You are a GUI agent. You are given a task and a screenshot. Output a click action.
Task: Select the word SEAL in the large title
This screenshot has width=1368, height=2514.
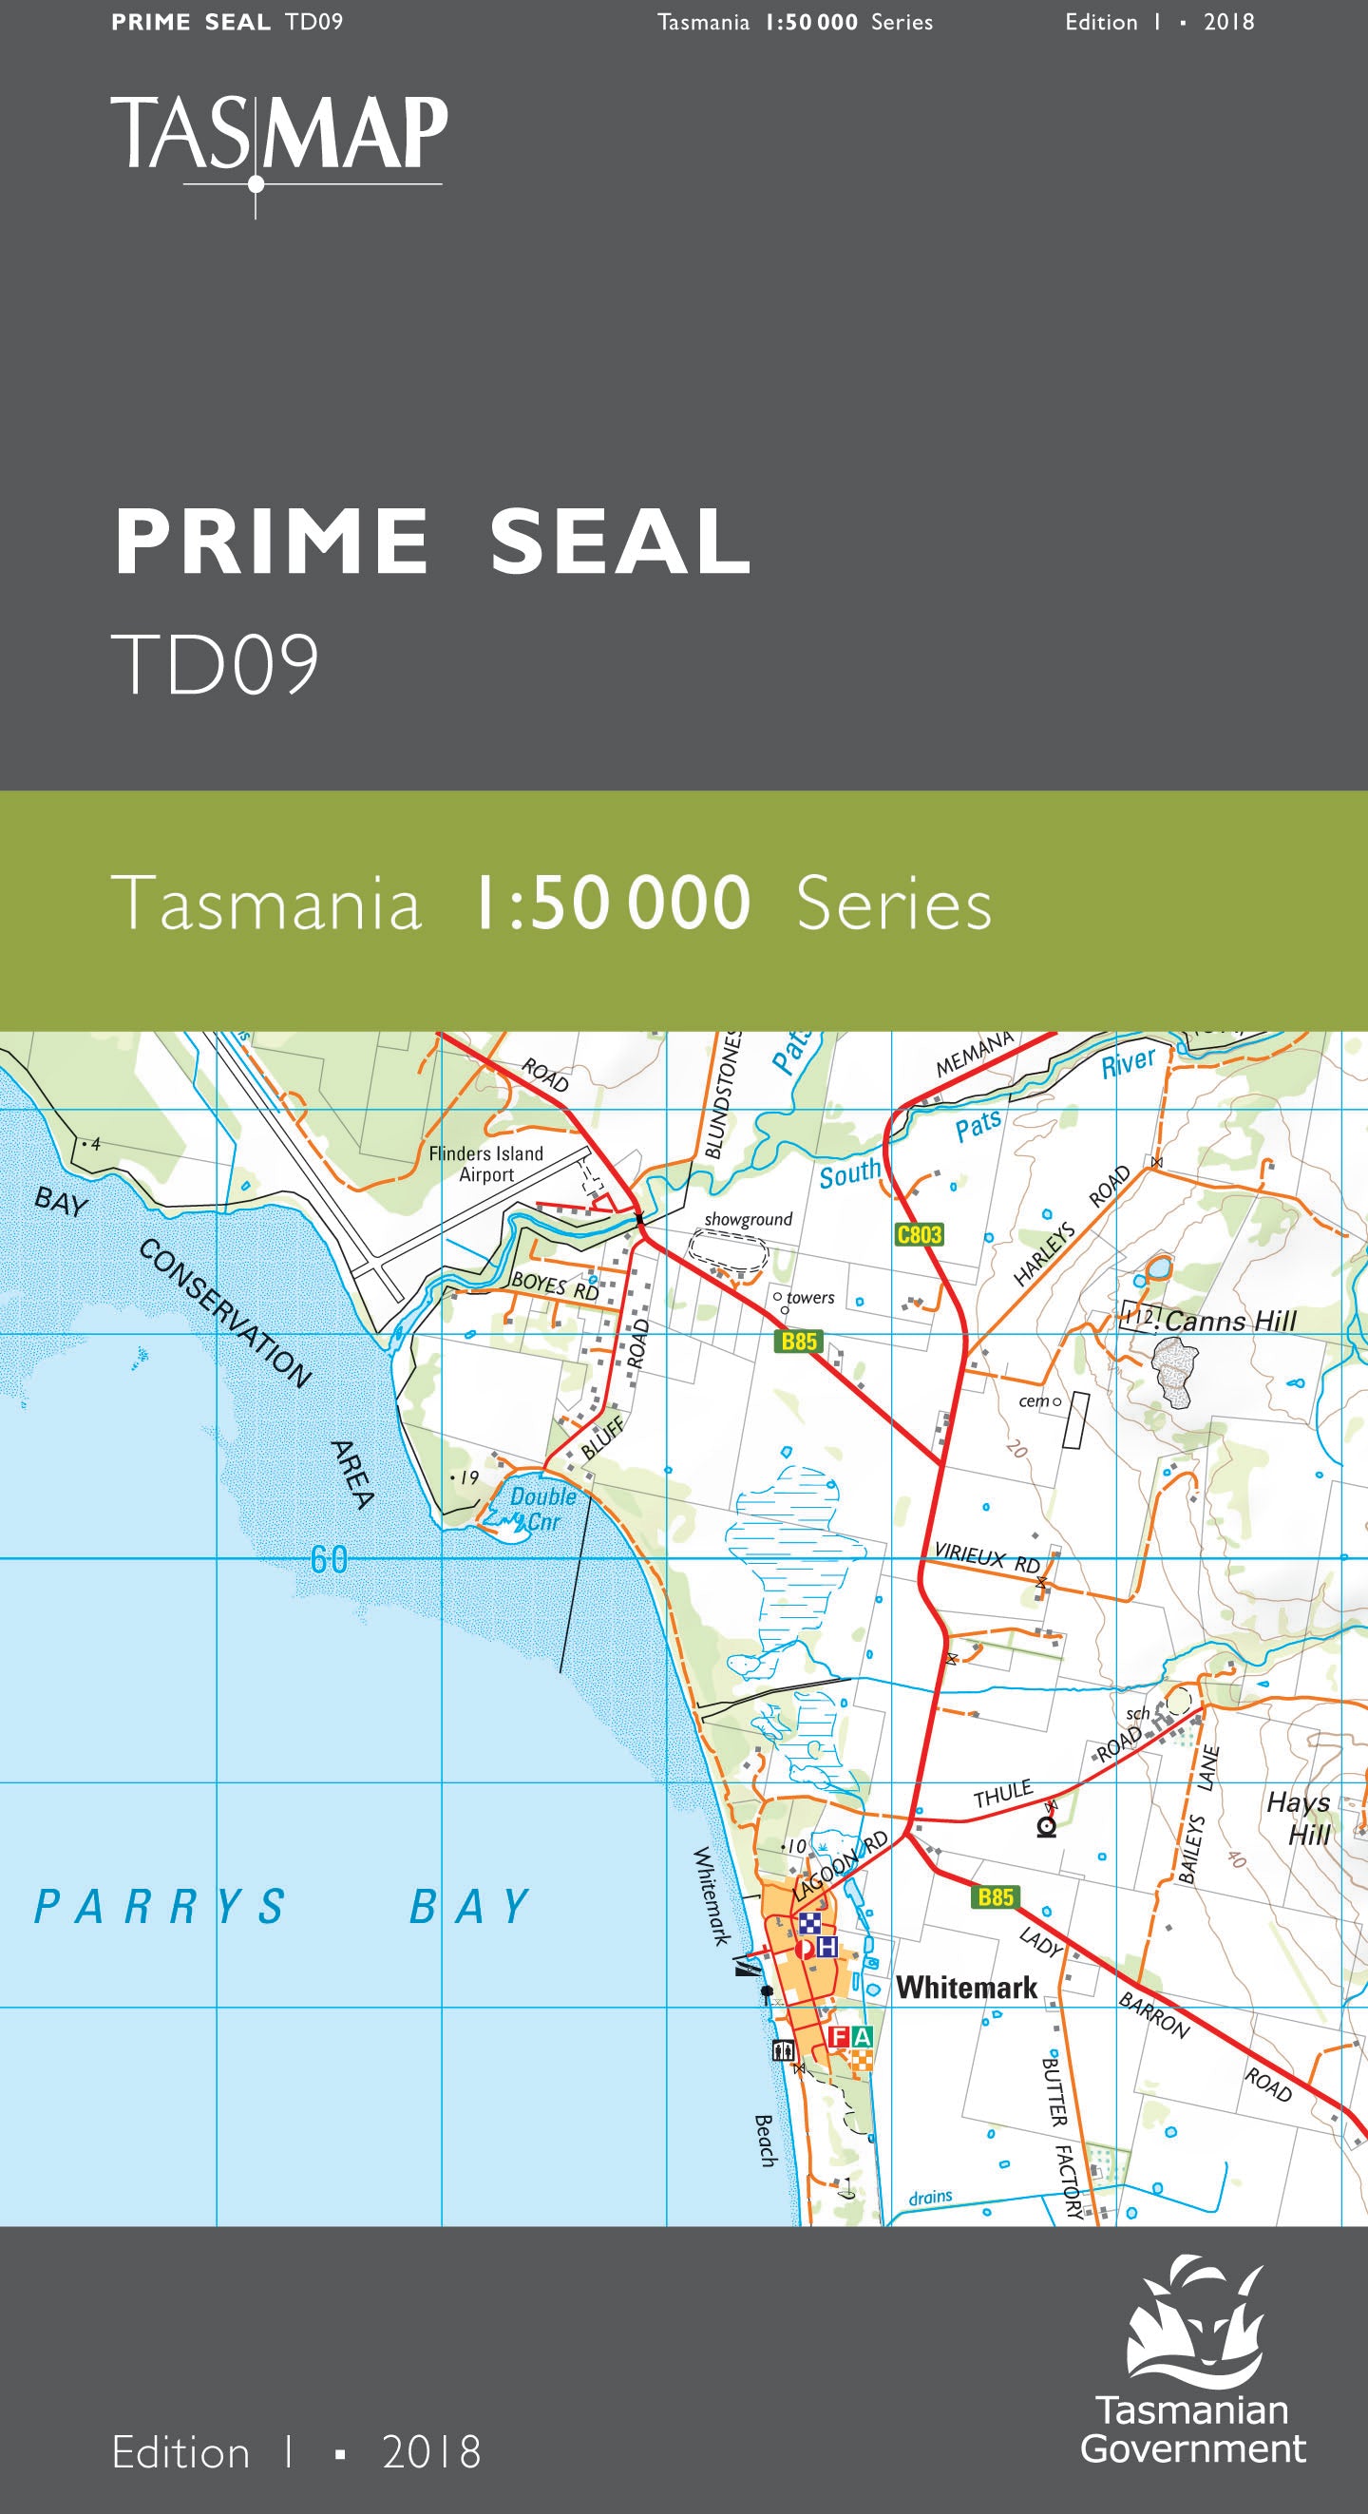620,542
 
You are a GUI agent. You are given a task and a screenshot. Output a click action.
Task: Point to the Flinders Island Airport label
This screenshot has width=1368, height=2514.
485,1163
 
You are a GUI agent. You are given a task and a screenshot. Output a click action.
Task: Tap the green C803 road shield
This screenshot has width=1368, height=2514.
920,1234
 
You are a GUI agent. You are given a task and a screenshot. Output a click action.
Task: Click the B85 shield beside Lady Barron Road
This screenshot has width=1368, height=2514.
996,1897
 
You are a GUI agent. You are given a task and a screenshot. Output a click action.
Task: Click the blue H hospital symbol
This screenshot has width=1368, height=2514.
827,1947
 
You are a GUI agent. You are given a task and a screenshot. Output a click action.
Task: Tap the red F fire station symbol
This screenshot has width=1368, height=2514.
838,2036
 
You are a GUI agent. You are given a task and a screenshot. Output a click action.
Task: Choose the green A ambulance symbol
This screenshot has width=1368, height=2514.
861,2036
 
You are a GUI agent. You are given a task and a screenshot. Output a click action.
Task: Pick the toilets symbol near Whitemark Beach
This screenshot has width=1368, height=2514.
784,2050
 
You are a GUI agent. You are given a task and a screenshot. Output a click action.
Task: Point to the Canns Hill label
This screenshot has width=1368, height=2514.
1229,1322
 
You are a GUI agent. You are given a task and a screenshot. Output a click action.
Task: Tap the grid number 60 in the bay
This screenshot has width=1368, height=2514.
329,1559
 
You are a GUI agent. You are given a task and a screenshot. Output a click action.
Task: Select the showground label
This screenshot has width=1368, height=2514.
749,1219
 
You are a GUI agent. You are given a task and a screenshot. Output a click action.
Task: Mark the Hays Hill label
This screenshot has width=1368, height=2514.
1300,1819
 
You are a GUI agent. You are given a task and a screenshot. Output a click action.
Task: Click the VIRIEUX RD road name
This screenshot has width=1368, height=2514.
986,1556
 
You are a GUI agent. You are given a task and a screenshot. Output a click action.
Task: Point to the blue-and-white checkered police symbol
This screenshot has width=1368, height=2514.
809,1924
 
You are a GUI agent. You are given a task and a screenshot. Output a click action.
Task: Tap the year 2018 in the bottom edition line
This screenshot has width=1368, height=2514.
431,2452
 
